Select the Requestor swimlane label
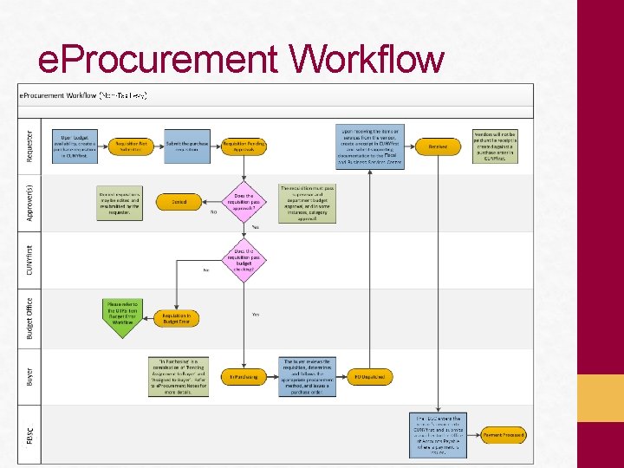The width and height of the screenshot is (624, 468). pos(30,140)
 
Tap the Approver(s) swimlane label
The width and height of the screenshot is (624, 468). pos(30,202)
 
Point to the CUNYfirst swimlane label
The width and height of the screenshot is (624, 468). pos(30,259)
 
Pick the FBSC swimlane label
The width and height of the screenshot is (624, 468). pos(30,433)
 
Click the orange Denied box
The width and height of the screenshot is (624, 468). pos(179,202)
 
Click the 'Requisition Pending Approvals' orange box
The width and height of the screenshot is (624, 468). pos(244,146)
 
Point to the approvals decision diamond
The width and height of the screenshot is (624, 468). pos(244,202)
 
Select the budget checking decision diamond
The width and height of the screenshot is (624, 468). pos(244,259)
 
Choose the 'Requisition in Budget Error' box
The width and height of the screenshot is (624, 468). pos(177,318)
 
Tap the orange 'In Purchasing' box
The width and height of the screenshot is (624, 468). pos(244,377)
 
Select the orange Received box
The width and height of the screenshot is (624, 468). pos(438,146)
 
